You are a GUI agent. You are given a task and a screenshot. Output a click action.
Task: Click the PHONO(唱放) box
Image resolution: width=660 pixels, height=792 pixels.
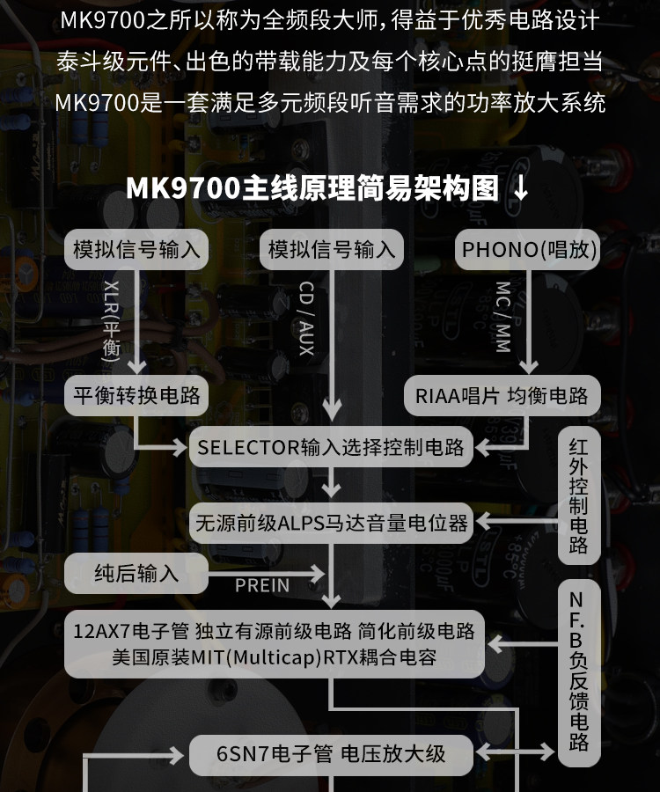[x=529, y=250]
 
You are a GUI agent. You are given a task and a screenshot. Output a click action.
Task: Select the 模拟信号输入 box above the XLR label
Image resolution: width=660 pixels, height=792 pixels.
[x=136, y=250]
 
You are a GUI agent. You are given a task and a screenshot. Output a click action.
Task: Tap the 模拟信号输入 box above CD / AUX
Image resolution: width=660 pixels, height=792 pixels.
[x=331, y=250]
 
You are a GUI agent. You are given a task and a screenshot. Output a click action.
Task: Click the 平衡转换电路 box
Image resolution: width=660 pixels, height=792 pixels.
[x=136, y=395]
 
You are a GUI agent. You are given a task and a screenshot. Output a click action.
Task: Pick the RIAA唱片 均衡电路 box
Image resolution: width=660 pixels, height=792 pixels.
[x=502, y=395]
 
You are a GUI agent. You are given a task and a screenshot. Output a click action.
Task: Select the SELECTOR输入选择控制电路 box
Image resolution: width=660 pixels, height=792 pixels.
[x=331, y=446]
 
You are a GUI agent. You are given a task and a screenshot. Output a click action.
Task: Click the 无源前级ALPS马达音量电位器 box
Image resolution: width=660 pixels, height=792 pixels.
[x=331, y=523]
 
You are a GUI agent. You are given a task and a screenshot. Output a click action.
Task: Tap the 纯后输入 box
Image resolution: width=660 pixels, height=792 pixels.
[x=136, y=574]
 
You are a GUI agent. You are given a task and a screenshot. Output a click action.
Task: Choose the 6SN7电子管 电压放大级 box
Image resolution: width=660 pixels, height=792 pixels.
[x=331, y=753]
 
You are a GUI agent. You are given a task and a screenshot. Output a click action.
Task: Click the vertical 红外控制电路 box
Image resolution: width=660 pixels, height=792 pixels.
[x=578, y=496]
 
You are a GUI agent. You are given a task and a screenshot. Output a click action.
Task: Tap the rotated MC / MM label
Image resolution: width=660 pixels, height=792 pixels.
[x=502, y=318]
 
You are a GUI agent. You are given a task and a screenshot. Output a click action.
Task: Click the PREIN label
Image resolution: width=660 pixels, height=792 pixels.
[x=261, y=584]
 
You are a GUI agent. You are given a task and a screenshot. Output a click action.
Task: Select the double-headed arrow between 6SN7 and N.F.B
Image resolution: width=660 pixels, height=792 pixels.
[x=518, y=753]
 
